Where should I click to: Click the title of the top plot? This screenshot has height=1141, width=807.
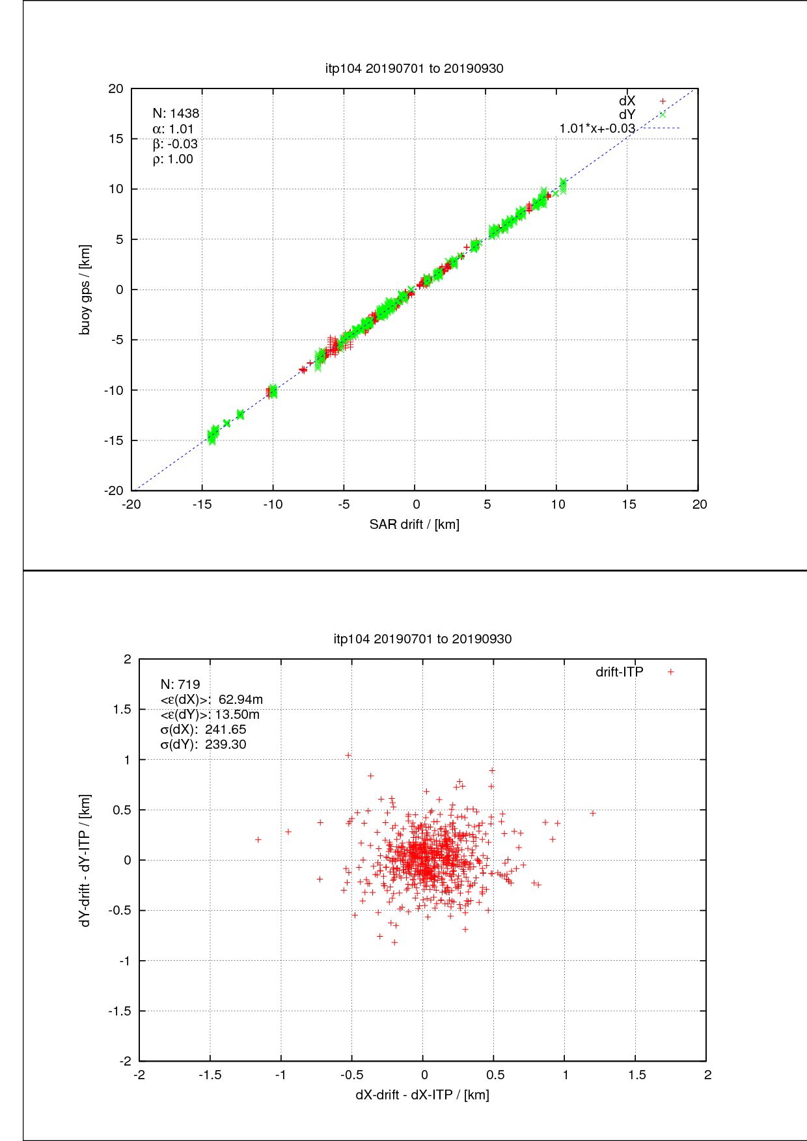(x=414, y=68)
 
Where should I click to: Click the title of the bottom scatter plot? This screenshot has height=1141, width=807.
(x=422, y=639)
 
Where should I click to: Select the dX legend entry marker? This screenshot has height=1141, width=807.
(x=663, y=101)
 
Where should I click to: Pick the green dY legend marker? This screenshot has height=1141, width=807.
(x=663, y=115)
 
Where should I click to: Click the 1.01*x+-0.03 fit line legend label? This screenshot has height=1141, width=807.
(x=597, y=129)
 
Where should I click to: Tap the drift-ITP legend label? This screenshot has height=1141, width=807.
(x=619, y=672)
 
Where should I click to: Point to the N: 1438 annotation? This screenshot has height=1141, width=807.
(x=176, y=114)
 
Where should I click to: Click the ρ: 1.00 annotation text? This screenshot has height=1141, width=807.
(x=173, y=159)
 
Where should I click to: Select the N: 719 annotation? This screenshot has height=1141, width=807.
(x=180, y=684)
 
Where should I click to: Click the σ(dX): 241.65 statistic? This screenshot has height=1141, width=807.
(x=203, y=729)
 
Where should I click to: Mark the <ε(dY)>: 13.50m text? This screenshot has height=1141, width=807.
(x=210, y=714)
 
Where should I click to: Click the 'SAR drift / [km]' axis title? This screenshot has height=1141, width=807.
(x=415, y=524)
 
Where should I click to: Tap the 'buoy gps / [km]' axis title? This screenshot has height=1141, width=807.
(x=85, y=289)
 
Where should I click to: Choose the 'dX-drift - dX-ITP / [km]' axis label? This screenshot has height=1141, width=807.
(x=422, y=1095)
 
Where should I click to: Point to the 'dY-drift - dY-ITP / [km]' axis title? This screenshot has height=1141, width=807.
(x=85, y=860)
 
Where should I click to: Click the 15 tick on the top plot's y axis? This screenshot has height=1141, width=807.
(x=115, y=139)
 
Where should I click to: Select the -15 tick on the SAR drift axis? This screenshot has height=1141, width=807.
(x=202, y=504)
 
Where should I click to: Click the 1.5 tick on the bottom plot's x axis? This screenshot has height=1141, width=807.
(x=636, y=1075)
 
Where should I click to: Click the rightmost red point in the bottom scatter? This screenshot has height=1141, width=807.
(x=592, y=813)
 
